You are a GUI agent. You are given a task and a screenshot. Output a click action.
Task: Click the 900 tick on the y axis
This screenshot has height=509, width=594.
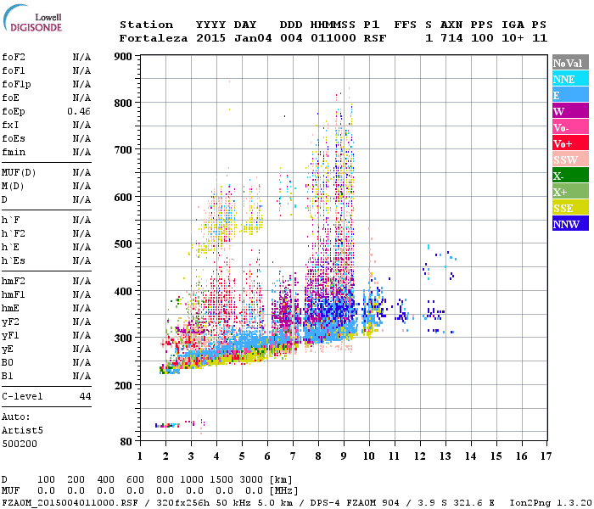click(125, 57)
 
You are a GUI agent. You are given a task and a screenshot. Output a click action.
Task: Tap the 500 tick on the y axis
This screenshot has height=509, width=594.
click(125, 244)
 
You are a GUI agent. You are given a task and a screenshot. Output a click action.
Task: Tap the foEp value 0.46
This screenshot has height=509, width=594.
click(79, 111)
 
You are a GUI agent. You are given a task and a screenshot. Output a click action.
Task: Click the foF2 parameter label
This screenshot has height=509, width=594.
click(14, 57)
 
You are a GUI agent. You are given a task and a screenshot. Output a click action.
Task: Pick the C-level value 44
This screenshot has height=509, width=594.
click(85, 396)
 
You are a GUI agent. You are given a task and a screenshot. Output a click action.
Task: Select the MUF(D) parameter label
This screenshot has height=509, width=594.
click(19, 172)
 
